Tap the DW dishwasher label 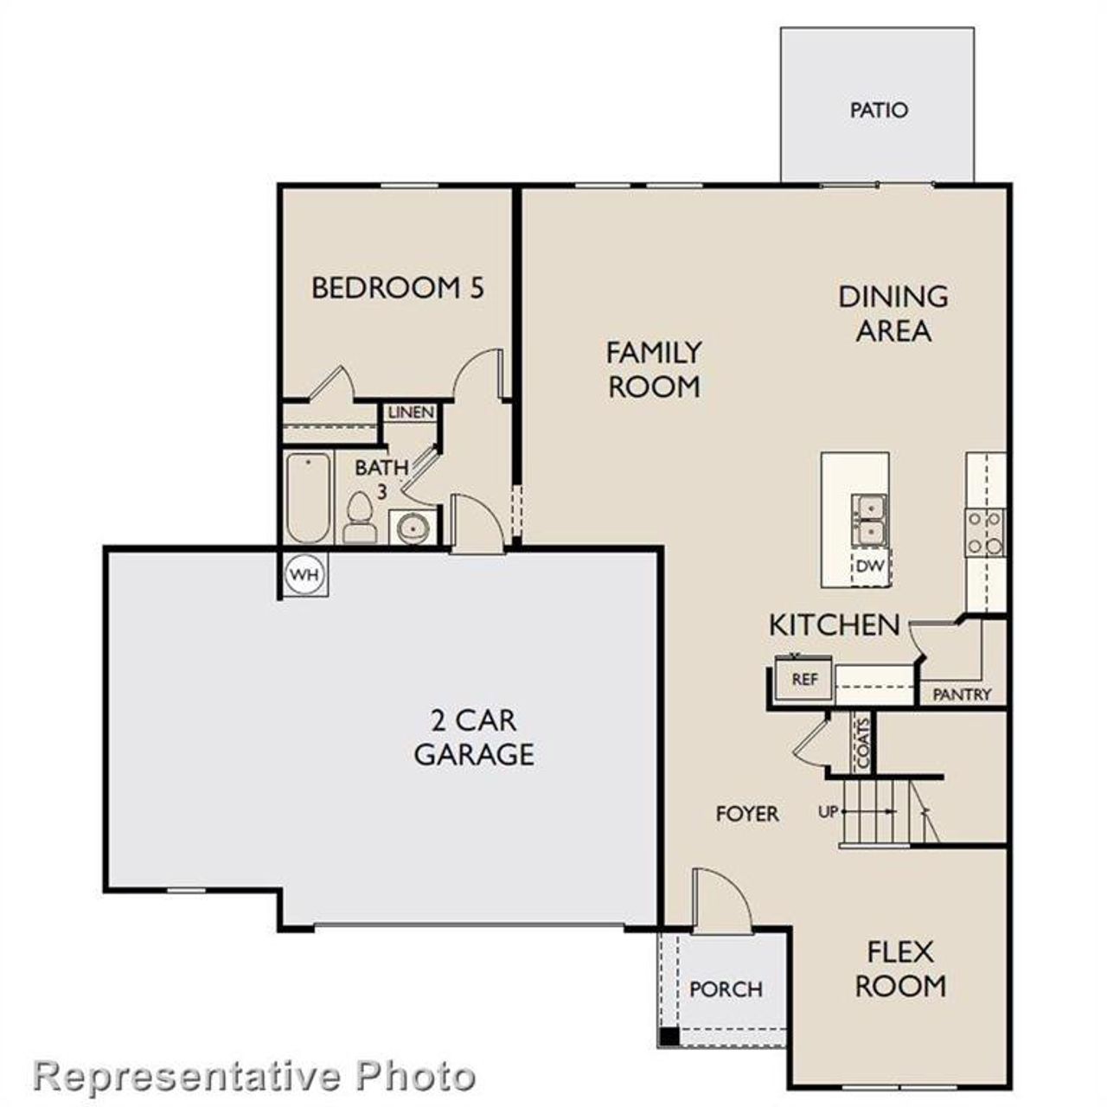[x=871, y=567]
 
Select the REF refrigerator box [x=804, y=679]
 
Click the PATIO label [x=879, y=111]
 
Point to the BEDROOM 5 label [x=397, y=287]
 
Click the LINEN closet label [x=411, y=413]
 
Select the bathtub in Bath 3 [x=308, y=498]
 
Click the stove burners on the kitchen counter [x=985, y=533]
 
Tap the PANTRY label [x=962, y=694]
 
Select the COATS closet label [x=862, y=742]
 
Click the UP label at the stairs [x=828, y=812]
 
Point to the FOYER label [x=747, y=814]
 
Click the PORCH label [x=726, y=989]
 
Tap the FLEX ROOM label [x=900, y=969]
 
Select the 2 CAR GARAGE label [x=473, y=737]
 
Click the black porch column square [x=669, y=1036]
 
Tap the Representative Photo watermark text [x=255, y=1077]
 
